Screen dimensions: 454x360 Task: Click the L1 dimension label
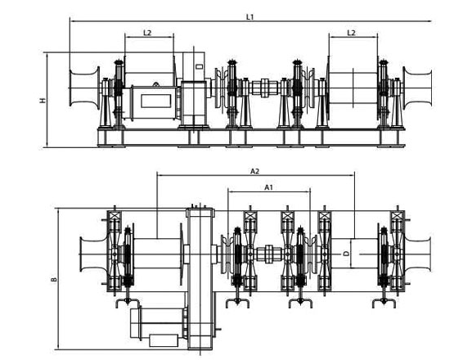point(249,17)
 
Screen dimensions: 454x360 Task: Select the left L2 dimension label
point(147,33)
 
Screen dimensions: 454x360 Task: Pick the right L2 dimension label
point(351,33)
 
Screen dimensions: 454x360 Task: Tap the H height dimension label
point(43,101)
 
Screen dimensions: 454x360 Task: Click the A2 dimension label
point(254,172)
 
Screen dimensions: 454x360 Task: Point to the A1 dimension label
point(269,187)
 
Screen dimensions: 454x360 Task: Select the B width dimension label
point(54,280)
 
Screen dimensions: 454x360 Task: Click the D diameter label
point(346,254)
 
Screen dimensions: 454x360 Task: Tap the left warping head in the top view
point(84,88)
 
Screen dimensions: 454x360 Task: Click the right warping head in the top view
point(417,88)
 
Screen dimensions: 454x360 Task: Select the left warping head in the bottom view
point(94,254)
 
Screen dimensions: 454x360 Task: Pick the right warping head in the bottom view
point(418,254)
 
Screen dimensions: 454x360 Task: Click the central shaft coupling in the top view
point(265,88)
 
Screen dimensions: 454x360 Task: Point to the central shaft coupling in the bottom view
point(268,254)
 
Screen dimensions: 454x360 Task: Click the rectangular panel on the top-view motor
point(155,101)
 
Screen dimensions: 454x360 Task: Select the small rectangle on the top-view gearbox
point(200,66)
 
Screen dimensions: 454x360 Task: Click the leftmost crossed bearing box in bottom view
point(115,216)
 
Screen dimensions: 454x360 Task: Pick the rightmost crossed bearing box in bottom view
point(398,216)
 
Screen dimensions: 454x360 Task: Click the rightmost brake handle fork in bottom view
point(384,303)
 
